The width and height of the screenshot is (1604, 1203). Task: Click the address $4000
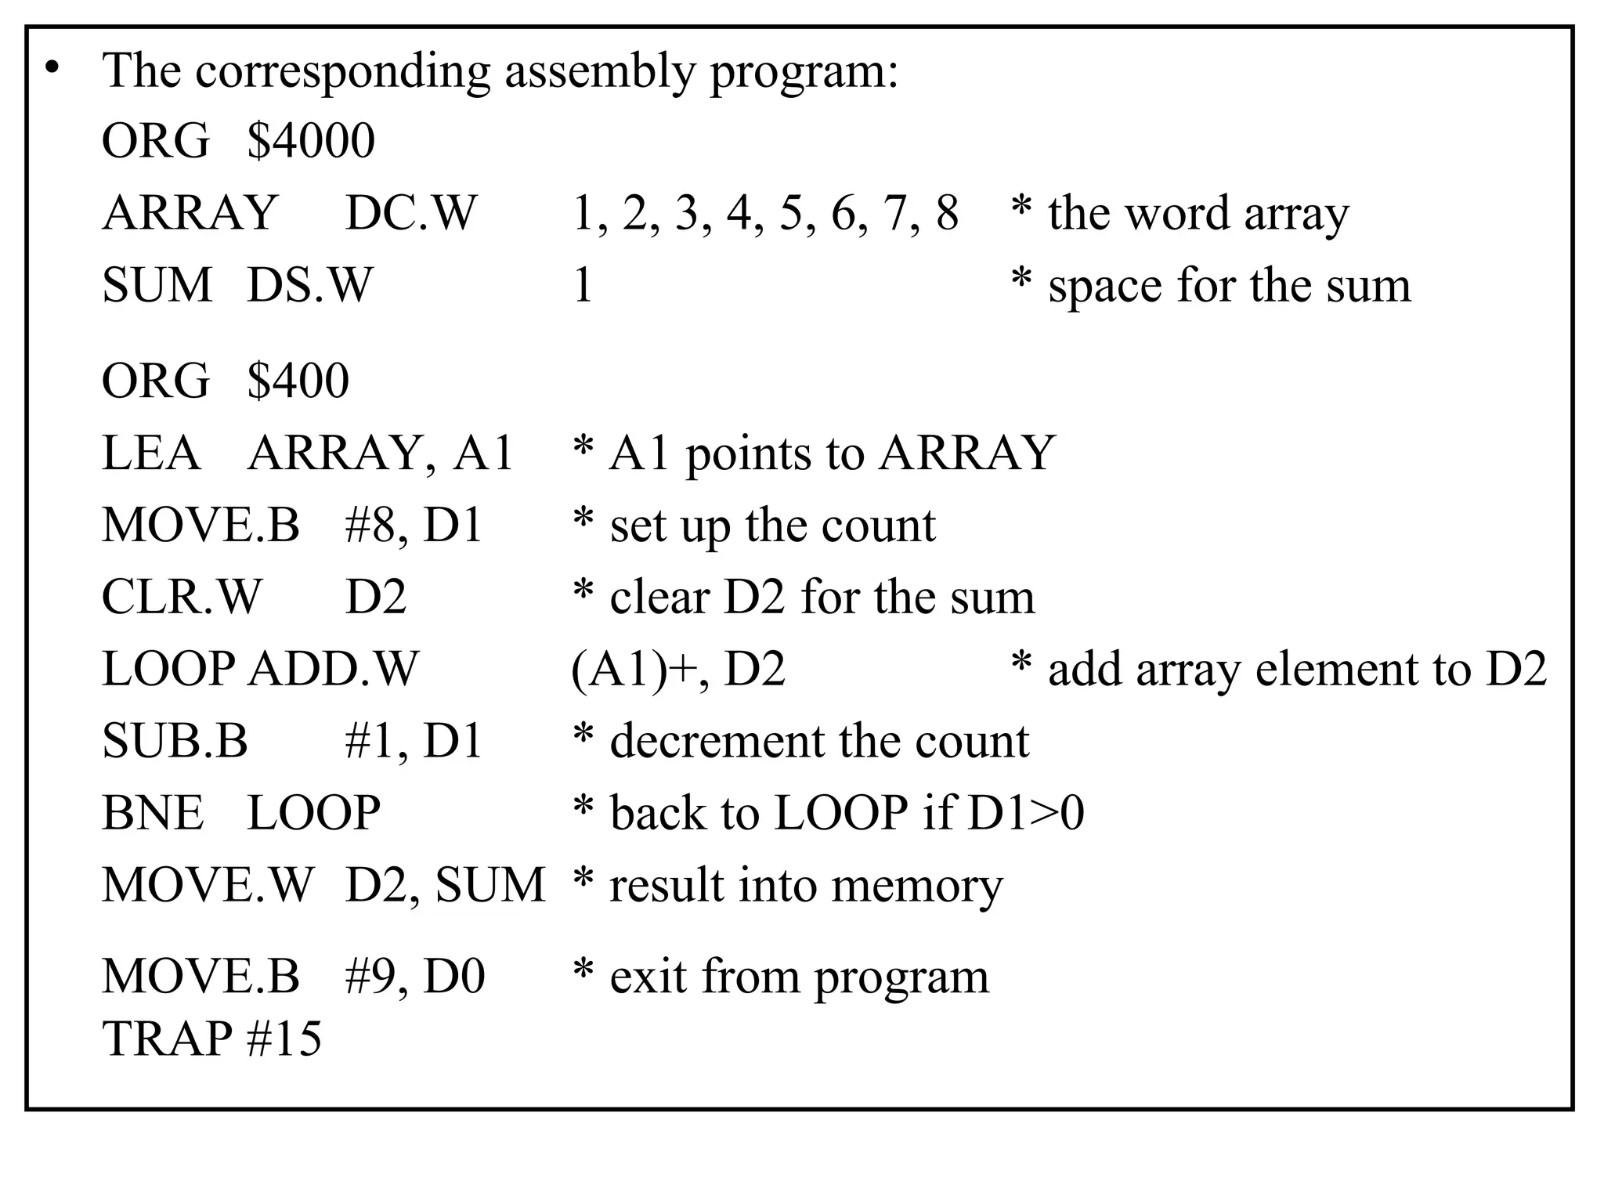pyautogui.click(x=311, y=141)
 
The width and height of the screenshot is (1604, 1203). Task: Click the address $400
pyautogui.click(x=298, y=381)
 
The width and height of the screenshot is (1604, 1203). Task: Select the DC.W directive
pyautogui.click(x=410, y=213)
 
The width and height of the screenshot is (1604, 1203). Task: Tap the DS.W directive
pyautogui.click(x=309, y=285)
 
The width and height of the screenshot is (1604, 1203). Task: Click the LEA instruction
pyautogui.click(x=150, y=453)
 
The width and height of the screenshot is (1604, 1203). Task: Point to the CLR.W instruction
pyautogui.click(x=182, y=598)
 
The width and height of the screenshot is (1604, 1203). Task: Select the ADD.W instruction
pyautogui.click(x=334, y=670)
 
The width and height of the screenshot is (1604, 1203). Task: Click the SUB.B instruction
pyautogui.click(x=175, y=742)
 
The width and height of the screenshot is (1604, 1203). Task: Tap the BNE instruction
pyautogui.click(x=153, y=813)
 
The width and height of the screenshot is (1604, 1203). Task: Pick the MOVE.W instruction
pyautogui.click(x=208, y=885)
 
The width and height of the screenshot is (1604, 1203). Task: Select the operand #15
pyautogui.click(x=284, y=1039)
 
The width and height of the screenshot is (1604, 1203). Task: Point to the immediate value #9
pyautogui.click(x=370, y=977)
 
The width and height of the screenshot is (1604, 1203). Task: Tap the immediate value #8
pyautogui.click(x=370, y=526)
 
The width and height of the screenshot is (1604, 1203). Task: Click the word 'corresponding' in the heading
pyautogui.click(x=342, y=72)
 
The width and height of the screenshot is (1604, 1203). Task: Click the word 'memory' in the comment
pyautogui.click(x=916, y=887)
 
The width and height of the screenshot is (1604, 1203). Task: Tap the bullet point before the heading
pyautogui.click(x=52, y=69)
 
